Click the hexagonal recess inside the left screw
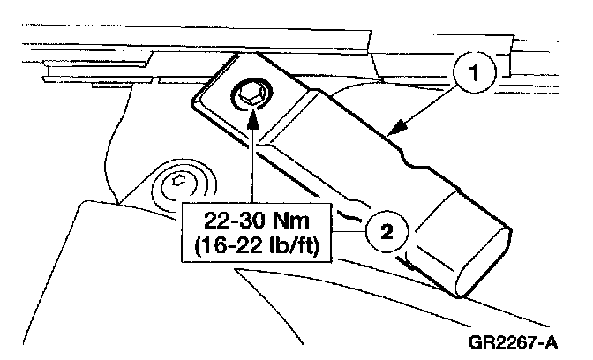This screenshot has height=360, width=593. pyautogui.click(x=180, y=183)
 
